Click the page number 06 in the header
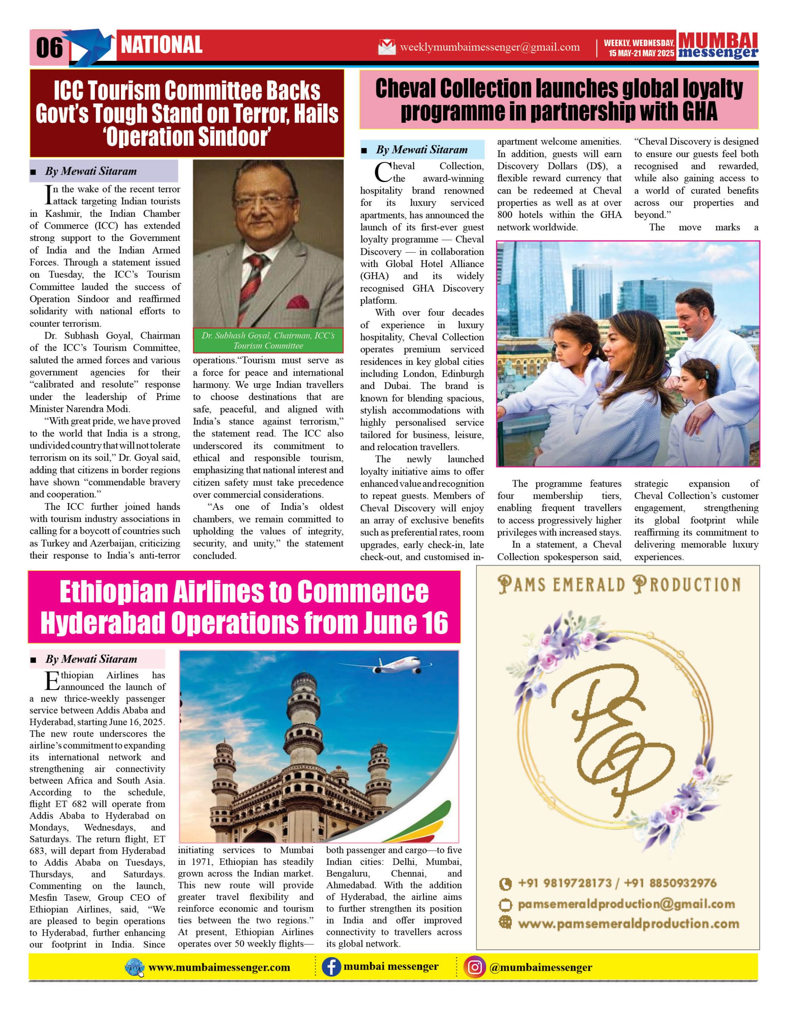(x=49, y=48)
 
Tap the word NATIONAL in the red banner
(x=161, y=45)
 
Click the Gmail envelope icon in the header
(x=387, y=47)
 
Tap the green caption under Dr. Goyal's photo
(x=268, y=340)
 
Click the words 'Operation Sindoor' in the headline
(x=187, y=137)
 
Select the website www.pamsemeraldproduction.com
(x=628, y=924)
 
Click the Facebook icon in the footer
(x=331, y=967)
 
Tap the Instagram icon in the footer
(x=474, y=967)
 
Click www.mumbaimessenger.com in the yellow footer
(x=219, y=968)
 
